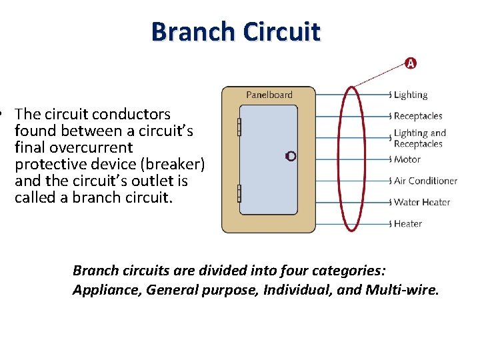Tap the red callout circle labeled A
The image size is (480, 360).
coord(411,63)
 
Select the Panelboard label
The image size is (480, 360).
coord(269,95)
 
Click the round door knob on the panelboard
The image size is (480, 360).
coord(290,156)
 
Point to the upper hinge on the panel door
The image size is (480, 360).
coord(239,127)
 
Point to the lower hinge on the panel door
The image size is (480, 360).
coord(239,193)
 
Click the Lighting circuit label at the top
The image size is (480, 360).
coord(411,95)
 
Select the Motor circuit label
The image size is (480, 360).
coord(407,159)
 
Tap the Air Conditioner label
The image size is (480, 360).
coord(425,181)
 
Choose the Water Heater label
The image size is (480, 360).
coord(422,202)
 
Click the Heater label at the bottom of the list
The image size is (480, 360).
coord(407,223)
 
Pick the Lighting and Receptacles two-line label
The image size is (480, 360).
coord(419,138)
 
